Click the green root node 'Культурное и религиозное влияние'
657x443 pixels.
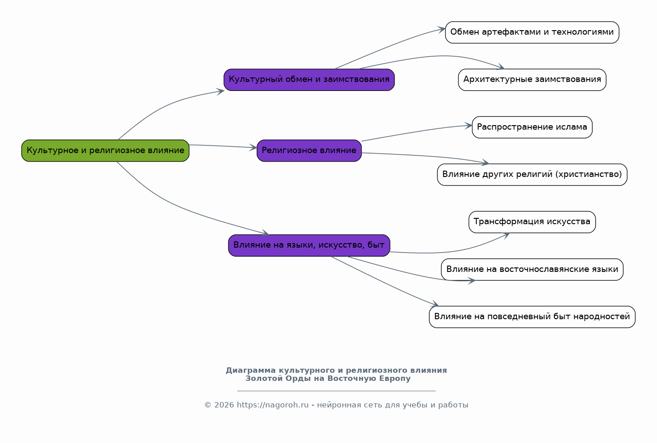pos(105,151)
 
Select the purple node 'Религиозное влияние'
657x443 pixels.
pos(309,151)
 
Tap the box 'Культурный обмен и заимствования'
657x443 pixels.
pos(309,80)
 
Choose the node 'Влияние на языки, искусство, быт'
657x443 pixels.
pos(309,245)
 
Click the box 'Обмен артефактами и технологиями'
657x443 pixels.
pos(532,32)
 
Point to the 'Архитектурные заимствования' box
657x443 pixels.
pos(532,80)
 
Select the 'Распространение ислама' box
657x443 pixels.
pos(532,127)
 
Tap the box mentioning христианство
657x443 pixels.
pos(532,175)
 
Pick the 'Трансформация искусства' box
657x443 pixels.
pos(532,222)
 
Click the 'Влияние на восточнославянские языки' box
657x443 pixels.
pos(532,269)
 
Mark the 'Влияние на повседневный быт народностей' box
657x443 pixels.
pos(532,317)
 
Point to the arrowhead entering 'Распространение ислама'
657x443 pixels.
pos(469,126)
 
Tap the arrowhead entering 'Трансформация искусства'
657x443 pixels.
pos(506,235)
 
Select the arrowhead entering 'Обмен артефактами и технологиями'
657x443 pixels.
pos(442,29)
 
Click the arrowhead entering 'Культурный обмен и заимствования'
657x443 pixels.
pos(221,91)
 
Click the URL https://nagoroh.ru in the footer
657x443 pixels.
pos(272,405)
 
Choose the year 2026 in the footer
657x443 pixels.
pos(224,405)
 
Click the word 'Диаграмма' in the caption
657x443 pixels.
pos(250,371)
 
